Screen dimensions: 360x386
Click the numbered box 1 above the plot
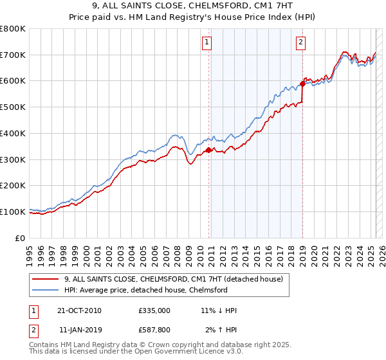click(x=207, y=43)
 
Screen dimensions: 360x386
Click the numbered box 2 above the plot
click(x=300, y=43)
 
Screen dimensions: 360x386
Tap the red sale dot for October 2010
click(x=208, y=150)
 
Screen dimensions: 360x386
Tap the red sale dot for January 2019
click(x=302, y=84)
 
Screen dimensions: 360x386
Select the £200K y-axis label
click(x=13, y=185)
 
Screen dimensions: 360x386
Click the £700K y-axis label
click(x=13, y=55)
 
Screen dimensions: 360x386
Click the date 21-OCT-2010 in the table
click(x=79, y=310)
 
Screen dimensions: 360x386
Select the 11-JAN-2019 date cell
click(x=79, y=329)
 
